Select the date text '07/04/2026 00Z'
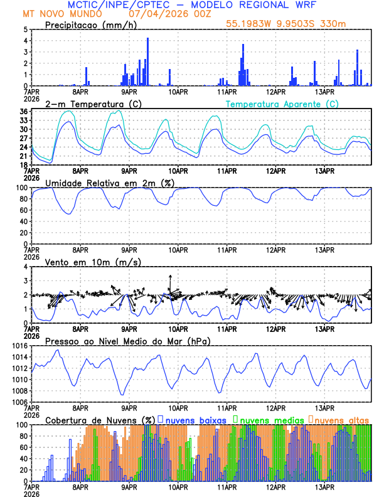pos(162,13)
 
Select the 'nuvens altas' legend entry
pos(342,420)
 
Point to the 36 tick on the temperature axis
pos(23,112)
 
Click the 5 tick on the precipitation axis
pos(24,29)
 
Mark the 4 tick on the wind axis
pos(24,267)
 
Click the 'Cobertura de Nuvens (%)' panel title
pos(100,420)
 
